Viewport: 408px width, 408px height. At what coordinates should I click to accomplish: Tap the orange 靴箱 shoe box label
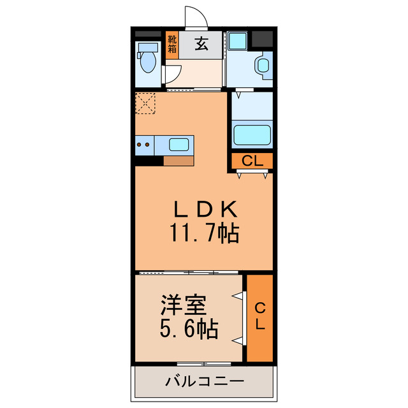pyautogui.click(x=171, y=46)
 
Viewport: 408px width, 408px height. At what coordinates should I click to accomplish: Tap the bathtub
pyautogui.click(x=252, y=135)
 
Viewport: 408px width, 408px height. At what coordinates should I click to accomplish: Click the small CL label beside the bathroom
pyautogui.click(x=252, y=161)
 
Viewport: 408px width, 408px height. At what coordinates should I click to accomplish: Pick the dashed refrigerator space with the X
pyautogui.click(x=146, y=103)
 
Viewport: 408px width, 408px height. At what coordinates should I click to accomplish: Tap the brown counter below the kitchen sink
pyautogui.click(x=178, y=161)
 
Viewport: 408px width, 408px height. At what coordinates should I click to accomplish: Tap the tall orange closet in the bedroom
pyautogui.click(x=259, y=317)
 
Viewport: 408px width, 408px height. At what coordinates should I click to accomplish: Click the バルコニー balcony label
pyautogui.click(x=204, y=382)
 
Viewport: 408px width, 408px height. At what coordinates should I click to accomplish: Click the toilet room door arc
pyautogui.click(x=170, y=75)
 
